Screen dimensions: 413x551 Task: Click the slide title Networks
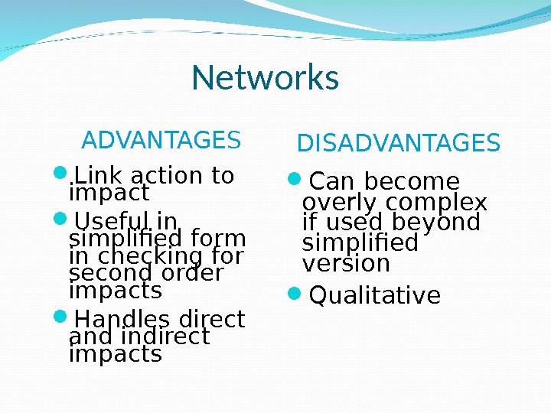pos(265,77)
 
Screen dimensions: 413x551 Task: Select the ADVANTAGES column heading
pos(161,141)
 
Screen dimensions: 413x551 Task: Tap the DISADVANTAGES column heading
pos(398,143)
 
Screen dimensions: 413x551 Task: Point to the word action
pos(161,176)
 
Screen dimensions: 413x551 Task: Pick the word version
pos(346,263)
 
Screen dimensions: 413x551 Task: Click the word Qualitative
pos(374,295)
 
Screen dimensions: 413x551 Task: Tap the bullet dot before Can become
pos(295,180)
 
